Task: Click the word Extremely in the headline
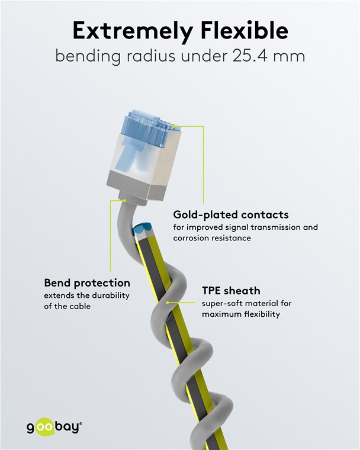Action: click(133, 31)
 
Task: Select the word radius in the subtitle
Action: click(150, 56)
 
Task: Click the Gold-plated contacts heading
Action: click(231, 215)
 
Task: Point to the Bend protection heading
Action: click(87, 283)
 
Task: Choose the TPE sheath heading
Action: click(231, 291)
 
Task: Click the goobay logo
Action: click(54, 427)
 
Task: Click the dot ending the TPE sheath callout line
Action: click(168, 302)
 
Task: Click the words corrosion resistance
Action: click(212, 238)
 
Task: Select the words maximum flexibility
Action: click(240, 314)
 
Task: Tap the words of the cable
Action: click(67, 306)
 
